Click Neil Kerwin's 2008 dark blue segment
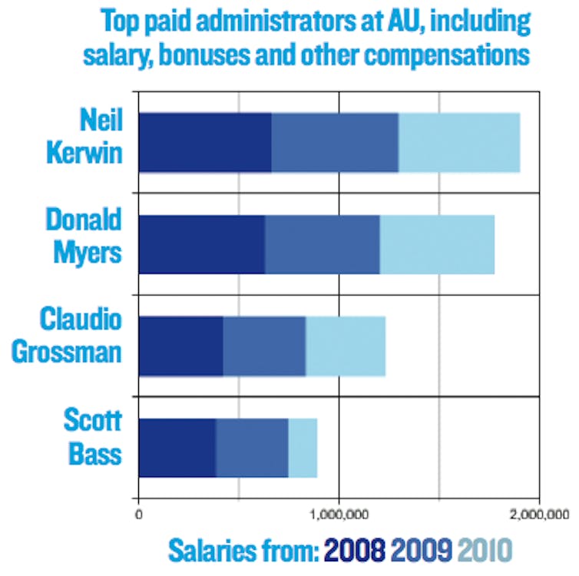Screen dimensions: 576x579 click(204, 142)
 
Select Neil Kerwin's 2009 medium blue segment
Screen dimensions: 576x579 click(335, 142)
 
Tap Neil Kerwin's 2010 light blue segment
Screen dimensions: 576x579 click(459, 142)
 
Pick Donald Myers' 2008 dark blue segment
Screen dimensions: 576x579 click(201, 244)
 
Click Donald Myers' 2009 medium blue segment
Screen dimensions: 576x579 click(323, 244)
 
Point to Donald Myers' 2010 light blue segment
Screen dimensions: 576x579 click(437, 244)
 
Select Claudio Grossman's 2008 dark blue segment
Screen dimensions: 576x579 click(180, 346)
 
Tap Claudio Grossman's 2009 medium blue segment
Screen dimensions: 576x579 click(264, 346)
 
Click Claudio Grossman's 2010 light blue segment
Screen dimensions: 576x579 click(346, 346)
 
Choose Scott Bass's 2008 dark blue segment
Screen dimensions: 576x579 click(177, 448)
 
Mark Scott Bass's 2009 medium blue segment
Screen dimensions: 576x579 click(252, 448)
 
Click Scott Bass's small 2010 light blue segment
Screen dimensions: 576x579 click(303, 448)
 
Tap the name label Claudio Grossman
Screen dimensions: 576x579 click(82, 336)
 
